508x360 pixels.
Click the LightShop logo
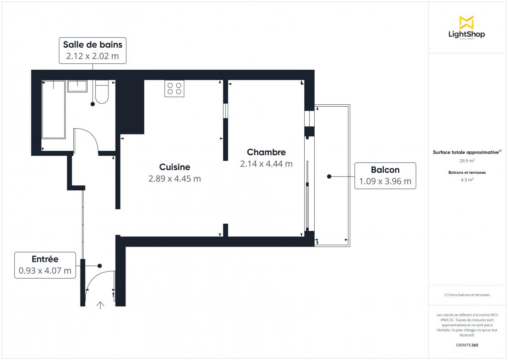[467, 27]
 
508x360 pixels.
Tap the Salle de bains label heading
[93, 45]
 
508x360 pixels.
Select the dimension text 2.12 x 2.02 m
[93, 56]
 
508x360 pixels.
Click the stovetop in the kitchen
[174, 89]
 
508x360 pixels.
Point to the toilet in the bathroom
[102, 92]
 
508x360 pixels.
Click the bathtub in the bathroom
[53, 110]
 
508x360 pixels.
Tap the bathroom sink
[77, 86]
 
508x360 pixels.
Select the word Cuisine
[174, 167]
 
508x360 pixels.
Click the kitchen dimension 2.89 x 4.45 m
[174, 179]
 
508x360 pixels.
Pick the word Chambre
[266, 152]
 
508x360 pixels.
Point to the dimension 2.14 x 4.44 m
[266, 164]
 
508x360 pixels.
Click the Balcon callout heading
[385, 170]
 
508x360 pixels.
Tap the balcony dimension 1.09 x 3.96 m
[385, 181]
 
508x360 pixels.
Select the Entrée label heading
[45, 259]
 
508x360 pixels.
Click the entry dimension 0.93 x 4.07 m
[45, 270]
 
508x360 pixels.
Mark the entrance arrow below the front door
[100, 305]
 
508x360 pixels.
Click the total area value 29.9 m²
[467, 161]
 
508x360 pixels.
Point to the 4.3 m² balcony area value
[467, 180]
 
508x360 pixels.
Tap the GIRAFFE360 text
[467, 345]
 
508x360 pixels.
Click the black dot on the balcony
[329, 176]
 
